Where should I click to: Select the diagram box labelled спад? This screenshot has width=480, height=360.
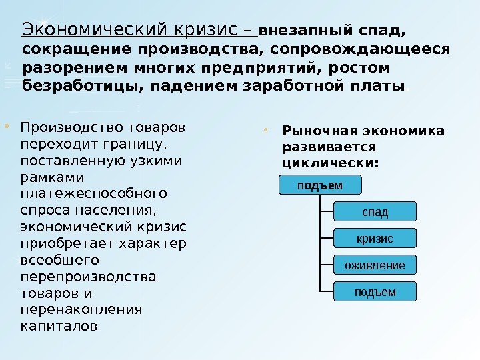(x=375, y=212)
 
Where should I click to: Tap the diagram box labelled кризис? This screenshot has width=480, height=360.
(x=375, y=239)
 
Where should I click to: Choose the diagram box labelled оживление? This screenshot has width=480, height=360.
(x=375, y=265)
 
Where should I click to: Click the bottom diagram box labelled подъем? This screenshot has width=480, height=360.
(x=375, y=292)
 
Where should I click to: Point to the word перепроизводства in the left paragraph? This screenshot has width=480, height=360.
(x=89, y=276)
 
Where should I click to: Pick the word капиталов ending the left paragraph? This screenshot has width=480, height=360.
(x=59, y=326)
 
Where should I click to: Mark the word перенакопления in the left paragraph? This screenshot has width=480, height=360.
(x=82, y=309)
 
